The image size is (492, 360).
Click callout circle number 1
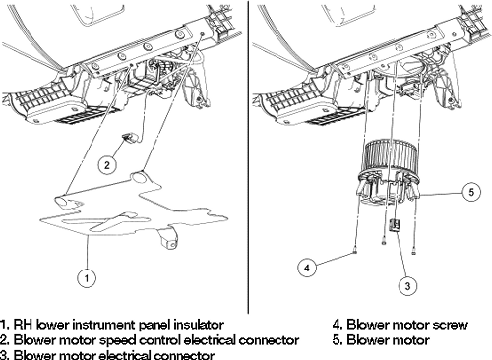[x=87, y=278]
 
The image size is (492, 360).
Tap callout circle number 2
[x=107, y=165]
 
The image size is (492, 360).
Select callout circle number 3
[x=407, y=286]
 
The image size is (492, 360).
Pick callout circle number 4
[x=307, y=268]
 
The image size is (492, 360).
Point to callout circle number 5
[x=471, y=192]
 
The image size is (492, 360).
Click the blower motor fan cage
[x=391, y=157]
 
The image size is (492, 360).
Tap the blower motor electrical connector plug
[x=395, y=225]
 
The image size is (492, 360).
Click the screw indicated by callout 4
[x=355, y=252]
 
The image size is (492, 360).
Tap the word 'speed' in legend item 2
[x=116, y=340]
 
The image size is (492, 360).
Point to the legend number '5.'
[x=338, y=340]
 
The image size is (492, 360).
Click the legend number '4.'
[x=338, y=325]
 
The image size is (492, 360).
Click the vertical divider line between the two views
[x=248, y=156]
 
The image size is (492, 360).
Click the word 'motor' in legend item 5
[x=411, y=340]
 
